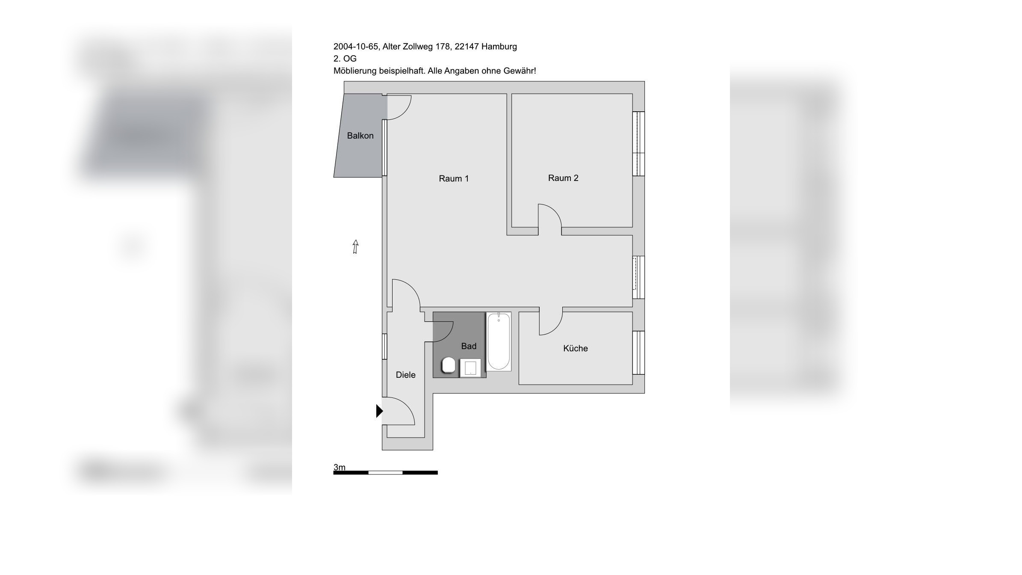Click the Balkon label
tap(360, 136)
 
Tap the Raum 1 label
tap(454, 178)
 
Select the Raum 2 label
tap(563, 178)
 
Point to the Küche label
tap(575, 348)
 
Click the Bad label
tap(468, 346)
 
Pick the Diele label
tap(405, 375)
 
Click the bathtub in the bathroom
tap(499, 341)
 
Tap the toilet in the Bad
tap(448, 365)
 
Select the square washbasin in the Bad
tap(470, 368)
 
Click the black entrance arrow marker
tap(379, 411)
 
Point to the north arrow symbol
tap(355, 246)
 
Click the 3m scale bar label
tap(340, 467)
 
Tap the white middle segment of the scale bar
tap(385, 473)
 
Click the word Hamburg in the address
tap(499, 46)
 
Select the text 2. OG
tap(345, 59)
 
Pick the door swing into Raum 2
tap(549, 216)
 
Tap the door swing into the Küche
tap(551, 323)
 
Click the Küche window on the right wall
tap(638, 353)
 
